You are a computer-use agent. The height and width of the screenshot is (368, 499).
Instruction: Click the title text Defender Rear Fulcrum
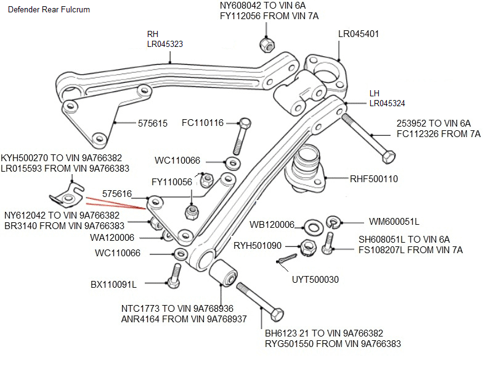click(x=49, y=10)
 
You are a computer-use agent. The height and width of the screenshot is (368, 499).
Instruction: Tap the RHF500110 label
click(x=374, y=180)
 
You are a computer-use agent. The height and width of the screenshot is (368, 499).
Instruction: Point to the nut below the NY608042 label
click(x=266, y=45)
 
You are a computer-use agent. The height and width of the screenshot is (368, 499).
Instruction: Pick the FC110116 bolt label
click(x=203, y=123)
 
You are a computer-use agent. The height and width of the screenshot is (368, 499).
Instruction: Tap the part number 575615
click(x=152, y=123)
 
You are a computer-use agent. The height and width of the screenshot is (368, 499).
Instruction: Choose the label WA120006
click(x=112, y=237)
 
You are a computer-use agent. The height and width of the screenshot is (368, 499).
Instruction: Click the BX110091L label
click(x=113, y=284)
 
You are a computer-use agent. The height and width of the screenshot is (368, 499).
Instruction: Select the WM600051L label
click(x=394, y=221)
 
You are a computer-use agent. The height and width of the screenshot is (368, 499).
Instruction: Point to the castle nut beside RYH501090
click(x=308, y=247)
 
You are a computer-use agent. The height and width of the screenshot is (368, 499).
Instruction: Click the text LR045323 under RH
click(x=164, y=44)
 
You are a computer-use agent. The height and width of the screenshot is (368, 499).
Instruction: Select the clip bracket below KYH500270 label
click(x=67, y=195)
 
